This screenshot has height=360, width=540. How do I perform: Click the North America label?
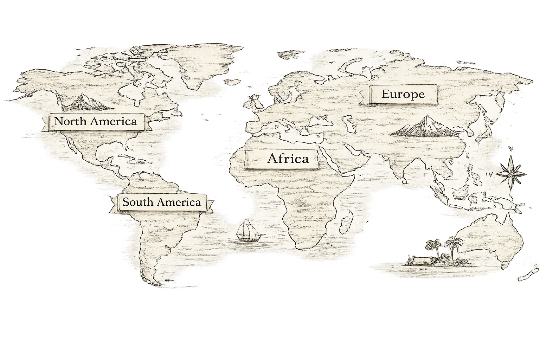95,122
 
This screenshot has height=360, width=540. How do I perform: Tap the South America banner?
161,202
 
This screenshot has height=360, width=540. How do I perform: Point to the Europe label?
403,94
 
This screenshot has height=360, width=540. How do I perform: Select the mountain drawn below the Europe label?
425,127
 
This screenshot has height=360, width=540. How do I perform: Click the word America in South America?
179,202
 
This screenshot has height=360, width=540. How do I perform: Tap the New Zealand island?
529,274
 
